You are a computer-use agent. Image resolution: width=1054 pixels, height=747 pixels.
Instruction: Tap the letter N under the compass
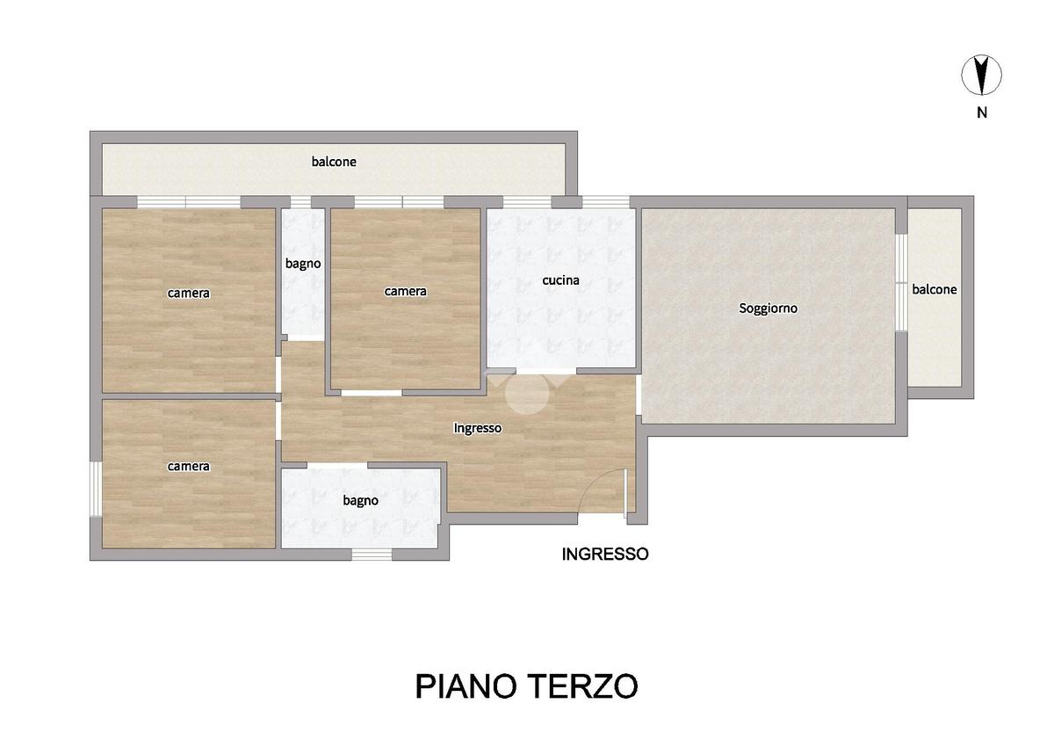pos(982,113)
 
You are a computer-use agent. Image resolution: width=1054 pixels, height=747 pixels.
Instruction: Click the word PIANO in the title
pos(466,686)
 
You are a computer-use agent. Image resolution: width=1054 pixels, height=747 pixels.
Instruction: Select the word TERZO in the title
pos(582,686)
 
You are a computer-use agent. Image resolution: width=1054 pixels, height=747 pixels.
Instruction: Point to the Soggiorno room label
pos(768,308)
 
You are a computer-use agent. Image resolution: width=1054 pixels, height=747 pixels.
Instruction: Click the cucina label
pos(560,280)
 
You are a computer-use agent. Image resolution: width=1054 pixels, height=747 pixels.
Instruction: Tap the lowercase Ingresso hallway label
pos(477,428)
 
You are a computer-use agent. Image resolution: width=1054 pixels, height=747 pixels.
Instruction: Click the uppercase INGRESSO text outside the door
pos(605,554)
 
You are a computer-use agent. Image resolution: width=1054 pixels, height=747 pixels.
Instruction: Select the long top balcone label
pos(334,162)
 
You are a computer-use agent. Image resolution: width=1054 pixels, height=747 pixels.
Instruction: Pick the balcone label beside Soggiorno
pos(934,289)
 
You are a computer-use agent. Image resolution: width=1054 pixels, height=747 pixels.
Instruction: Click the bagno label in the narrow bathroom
pos(303,264)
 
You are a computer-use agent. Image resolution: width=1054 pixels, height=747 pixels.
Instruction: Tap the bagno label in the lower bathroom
pos(360,500)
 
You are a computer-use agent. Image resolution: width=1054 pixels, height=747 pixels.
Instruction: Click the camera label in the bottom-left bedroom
pos(188,467)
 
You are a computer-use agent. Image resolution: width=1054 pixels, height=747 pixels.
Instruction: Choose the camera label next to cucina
pos(405,292)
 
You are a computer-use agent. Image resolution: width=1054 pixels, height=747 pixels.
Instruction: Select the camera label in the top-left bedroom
pos(188,294)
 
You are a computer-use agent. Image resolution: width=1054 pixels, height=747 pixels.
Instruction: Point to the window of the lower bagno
pos(372,555)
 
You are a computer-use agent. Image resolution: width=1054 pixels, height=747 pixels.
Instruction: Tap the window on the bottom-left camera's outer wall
pos(96,489)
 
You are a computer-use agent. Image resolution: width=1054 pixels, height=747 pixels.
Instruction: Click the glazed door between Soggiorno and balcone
pos(901,282)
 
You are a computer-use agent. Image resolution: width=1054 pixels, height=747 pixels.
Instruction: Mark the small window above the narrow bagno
pos(300,202)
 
